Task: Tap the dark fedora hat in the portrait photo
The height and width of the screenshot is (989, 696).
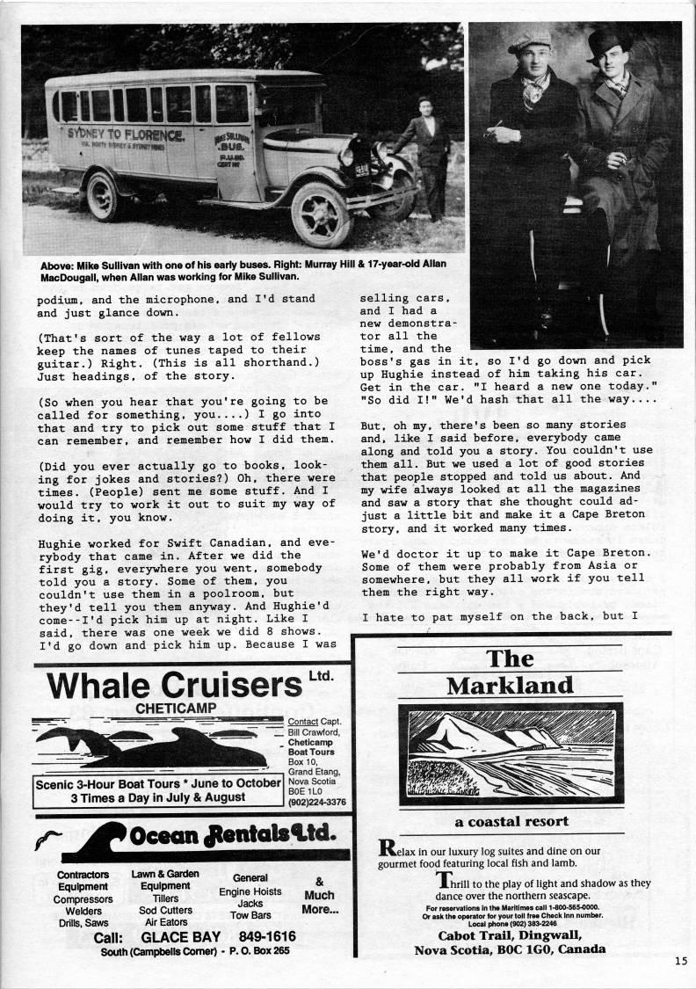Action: [608, 42]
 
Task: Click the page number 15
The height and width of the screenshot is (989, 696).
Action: [681, 961]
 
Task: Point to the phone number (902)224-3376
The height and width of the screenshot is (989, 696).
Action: [317, 801]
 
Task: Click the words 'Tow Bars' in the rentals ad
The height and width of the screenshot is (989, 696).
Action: [250, 915]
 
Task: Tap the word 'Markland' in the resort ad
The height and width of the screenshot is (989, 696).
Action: [510, 685]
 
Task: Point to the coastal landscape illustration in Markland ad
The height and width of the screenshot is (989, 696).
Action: [510, 753]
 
